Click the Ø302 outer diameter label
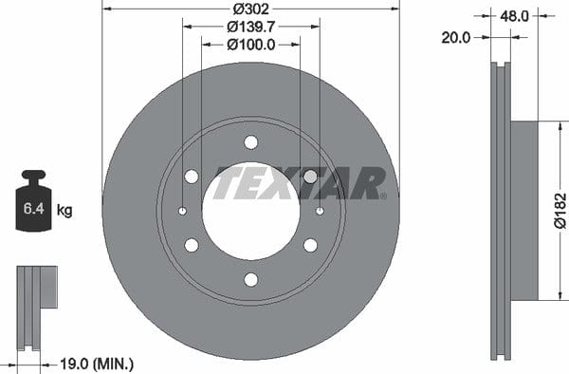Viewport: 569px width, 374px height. click(x=250, y=9)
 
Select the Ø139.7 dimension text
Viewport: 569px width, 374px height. click(x=251, y=27)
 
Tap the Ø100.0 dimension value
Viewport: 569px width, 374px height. click(x=251, y=45)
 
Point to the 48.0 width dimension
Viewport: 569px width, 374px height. click(x=514, y=16)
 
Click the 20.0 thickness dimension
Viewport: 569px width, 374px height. click(x=456, y=37)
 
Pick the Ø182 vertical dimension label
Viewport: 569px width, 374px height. click(x=560, y=211)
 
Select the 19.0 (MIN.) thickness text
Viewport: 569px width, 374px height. click(x=97, y=364)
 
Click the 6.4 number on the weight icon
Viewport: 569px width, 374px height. click(x=33, y=209)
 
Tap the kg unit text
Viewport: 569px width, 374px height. click(x=64, y=210)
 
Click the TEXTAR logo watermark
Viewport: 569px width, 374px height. click(x=300, y=183)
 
